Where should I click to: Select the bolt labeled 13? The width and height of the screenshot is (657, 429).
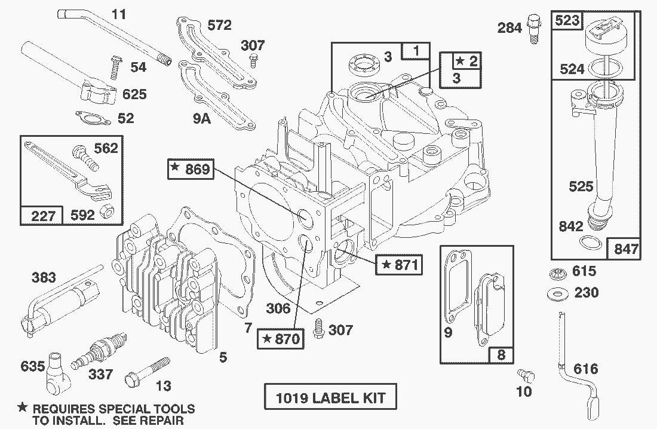(150, 370)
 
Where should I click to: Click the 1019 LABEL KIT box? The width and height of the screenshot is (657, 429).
(330, 397)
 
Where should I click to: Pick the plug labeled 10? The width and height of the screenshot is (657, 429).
(525, 376)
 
